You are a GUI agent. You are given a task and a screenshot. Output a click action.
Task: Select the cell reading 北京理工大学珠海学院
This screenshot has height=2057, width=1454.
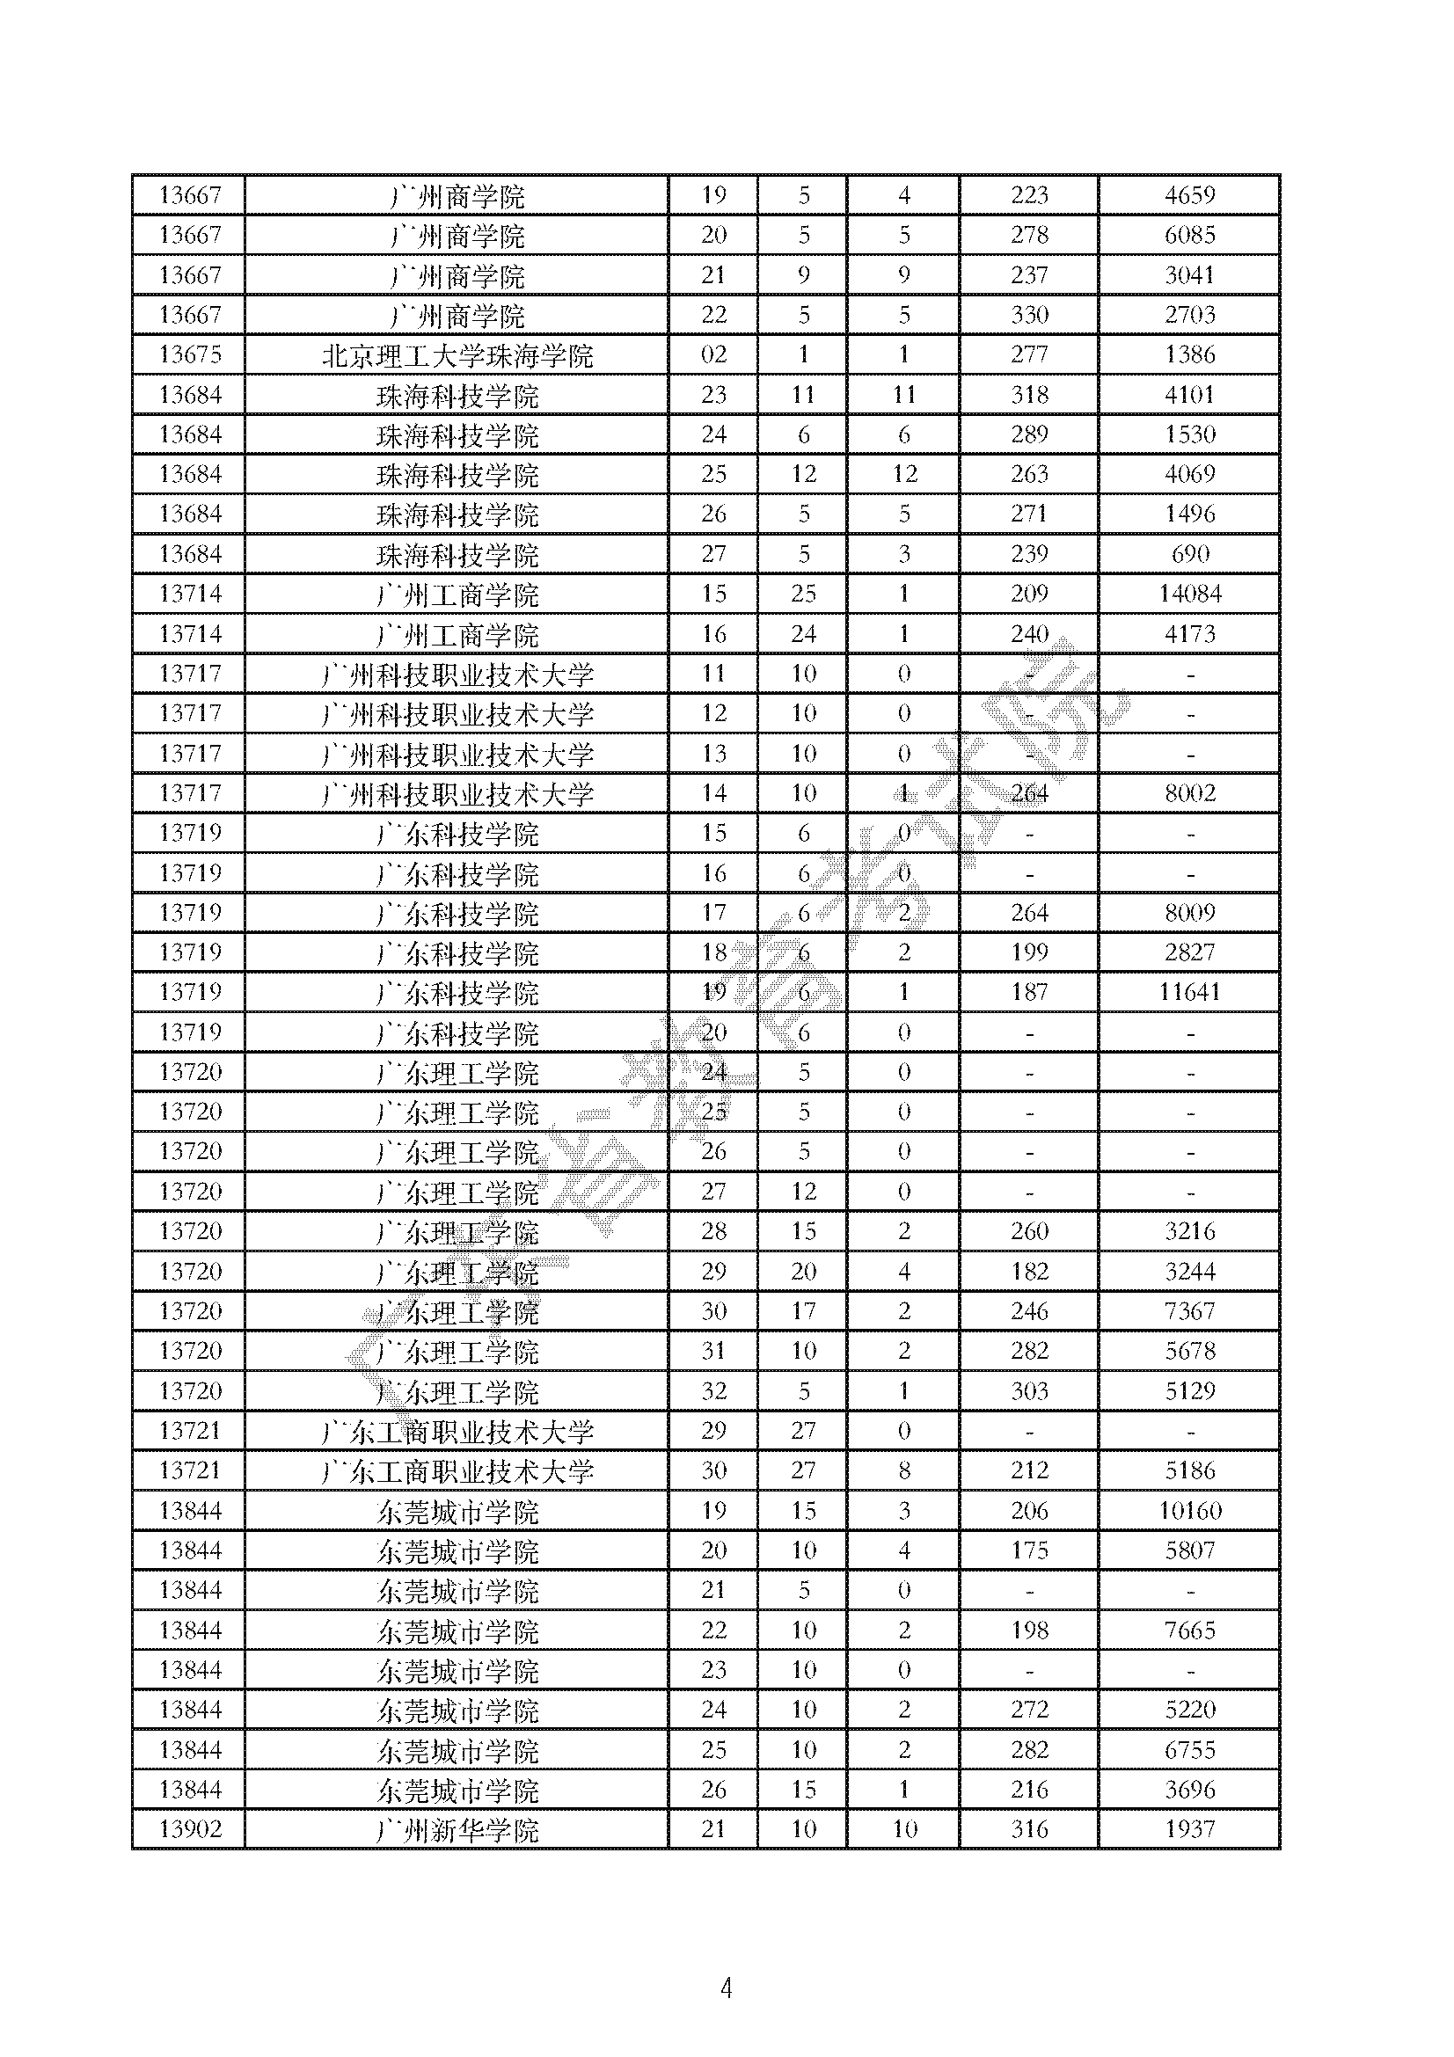click(x=457, y=355)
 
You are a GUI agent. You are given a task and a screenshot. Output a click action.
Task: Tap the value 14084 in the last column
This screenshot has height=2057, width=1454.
click(x=1189, y=594)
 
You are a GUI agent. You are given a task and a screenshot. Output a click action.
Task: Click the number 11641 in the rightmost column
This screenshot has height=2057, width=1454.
click(x=1189, y=993)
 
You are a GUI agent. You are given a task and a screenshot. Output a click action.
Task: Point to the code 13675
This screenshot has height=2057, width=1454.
click(x=190, y=354)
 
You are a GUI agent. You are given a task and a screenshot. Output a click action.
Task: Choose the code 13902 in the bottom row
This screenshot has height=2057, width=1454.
click(x=190, y=1828)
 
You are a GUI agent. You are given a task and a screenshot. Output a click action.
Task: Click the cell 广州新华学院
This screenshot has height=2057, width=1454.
click(x=457, y=1830)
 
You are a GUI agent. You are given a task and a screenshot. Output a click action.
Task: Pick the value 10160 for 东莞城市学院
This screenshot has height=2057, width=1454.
click(x=1189, y=1511)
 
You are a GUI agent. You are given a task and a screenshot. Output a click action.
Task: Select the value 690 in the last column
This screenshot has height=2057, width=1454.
click(x=1189, y=555)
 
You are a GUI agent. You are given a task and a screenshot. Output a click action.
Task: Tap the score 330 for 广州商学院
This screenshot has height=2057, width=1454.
click(x=1029, y=316)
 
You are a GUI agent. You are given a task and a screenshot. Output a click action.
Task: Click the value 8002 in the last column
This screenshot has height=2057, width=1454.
click(x=1189, y=794)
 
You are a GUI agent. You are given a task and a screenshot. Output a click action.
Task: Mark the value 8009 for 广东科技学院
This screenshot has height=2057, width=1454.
click(x=1189, y=913)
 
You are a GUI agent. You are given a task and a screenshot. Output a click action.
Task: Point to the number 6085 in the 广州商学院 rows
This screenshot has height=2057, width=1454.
click(x=1189, y=236)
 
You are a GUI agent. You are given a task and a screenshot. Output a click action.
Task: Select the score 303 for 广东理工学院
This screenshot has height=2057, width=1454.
click(x=1029, y=1391)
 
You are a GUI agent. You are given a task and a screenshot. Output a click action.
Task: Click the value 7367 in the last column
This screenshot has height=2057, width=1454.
click(x=1189, y=1311)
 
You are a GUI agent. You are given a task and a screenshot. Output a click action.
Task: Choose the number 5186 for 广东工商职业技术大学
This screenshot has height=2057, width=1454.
click(x=1189, y=1470)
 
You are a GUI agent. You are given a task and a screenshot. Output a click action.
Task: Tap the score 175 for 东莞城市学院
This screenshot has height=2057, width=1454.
click(x=1029, y=1550)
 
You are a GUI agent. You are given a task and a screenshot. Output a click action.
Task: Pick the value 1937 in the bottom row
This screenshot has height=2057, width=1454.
click(x=1189, y=1828)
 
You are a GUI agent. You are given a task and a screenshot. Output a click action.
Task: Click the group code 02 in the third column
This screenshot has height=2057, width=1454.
click(x=713, y=354)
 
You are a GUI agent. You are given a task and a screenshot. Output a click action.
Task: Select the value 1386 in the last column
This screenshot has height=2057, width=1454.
click(x=1189, y=354)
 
